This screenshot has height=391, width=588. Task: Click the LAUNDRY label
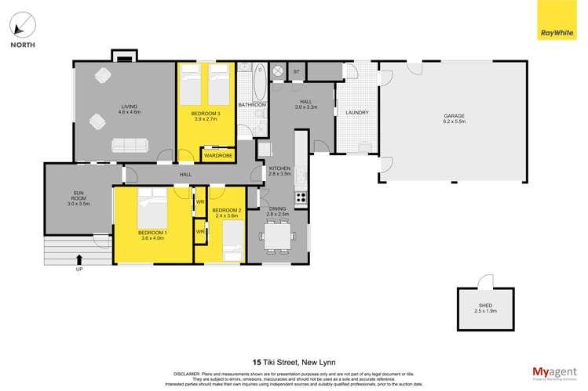click(x=357, y=113)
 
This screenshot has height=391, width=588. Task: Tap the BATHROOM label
click(x=252, y=105)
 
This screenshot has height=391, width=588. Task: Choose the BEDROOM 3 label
click(x=206, y=114)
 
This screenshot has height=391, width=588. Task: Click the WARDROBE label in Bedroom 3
click(x=217, y=156)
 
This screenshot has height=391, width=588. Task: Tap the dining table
click(x=278, y=234)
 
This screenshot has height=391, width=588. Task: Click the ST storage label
click(x=296, y=73)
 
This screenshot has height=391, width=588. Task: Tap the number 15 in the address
click(x=257, y=342)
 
